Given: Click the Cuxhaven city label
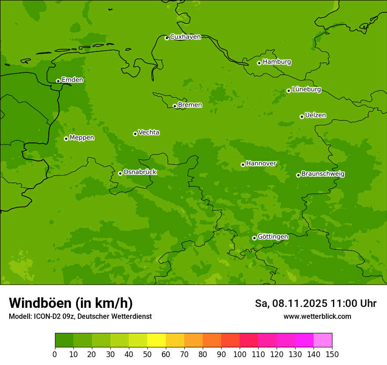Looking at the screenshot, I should (x=185, y=37).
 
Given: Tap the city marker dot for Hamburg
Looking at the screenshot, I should (x=259, y=63).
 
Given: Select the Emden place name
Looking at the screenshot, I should (x=72, y=80).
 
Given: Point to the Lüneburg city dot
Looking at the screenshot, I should (x=288, y=91).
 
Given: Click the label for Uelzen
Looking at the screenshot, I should (x=315, y=116).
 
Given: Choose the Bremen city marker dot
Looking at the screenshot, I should (x=175, y=106).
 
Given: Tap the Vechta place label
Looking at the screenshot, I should (x=149, y=132).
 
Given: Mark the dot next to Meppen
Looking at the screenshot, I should (x=66, y=139).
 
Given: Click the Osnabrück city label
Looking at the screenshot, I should (x=140, y=172).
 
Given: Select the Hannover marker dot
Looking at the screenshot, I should (x=243, y=164).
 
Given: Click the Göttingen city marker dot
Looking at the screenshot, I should (x=254, y=238).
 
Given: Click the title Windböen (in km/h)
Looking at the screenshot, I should (x=71, y=303).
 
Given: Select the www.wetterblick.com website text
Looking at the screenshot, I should (x=317, y=317).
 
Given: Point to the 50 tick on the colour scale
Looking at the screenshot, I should (x=147, y=354).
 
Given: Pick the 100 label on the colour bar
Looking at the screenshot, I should (x=240, y=354).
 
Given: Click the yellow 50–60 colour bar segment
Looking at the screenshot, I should (x=157, y=340).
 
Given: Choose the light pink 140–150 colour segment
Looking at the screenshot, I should (x=323, y=340).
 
